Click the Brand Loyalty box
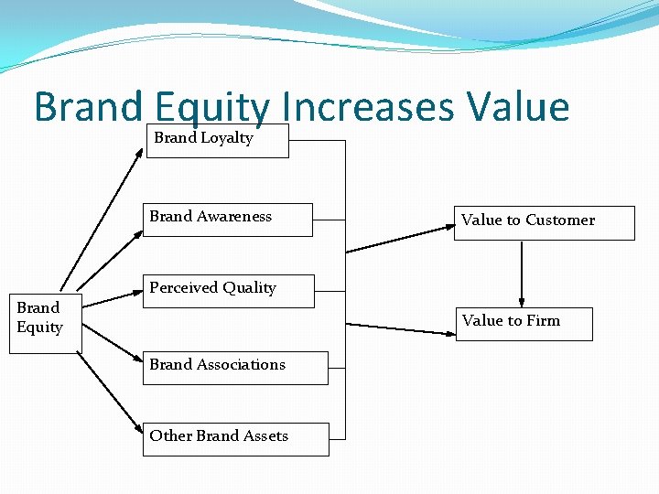coord(217,141)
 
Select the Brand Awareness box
coord(228,220)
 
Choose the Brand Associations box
coord(235,367)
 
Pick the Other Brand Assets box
coord(235,438)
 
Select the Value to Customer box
coord(544,222)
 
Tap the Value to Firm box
coord(524,323)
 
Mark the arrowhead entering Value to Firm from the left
coord(450,330)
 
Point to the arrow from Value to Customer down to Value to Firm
coord(522,274)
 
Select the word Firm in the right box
coord(543,320)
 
